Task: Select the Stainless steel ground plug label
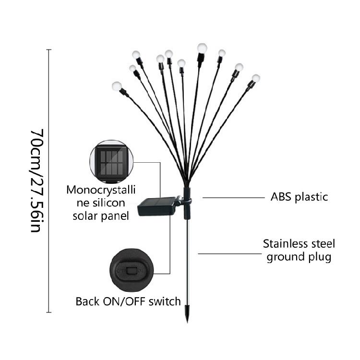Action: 299,250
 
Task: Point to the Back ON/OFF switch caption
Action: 128,301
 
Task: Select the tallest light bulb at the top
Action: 201,48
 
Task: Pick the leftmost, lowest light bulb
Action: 116,86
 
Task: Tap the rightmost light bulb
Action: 256,78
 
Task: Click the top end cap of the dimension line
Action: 48,49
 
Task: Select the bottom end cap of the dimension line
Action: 48,312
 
